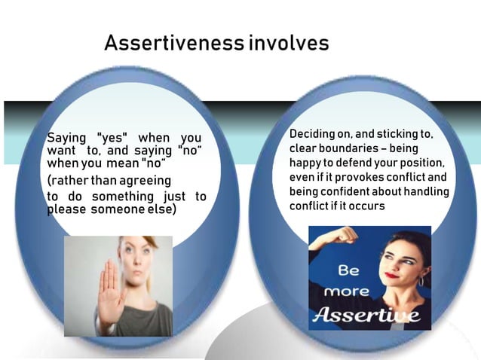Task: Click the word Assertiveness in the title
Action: point(173,43)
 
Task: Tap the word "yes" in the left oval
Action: point(113,138)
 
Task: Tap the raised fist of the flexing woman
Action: point(346,236)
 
